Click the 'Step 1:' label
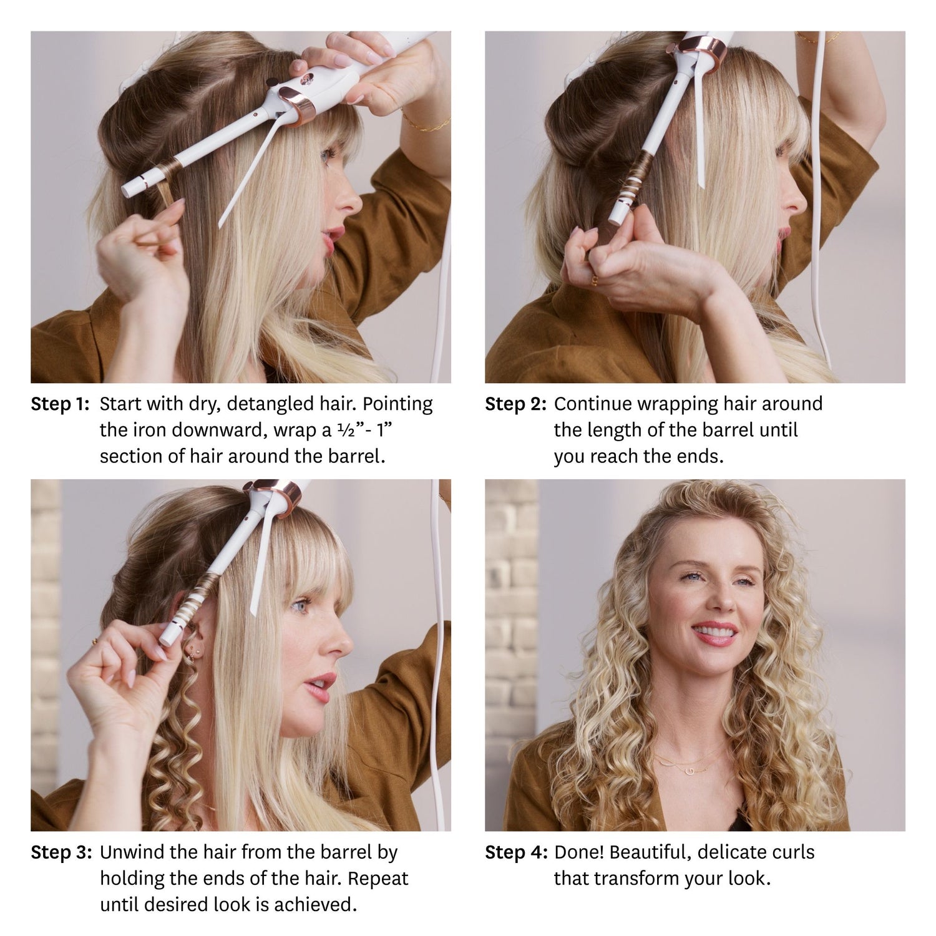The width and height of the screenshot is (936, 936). [61, 404]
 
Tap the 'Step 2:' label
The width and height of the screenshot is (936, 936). [515, 404]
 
